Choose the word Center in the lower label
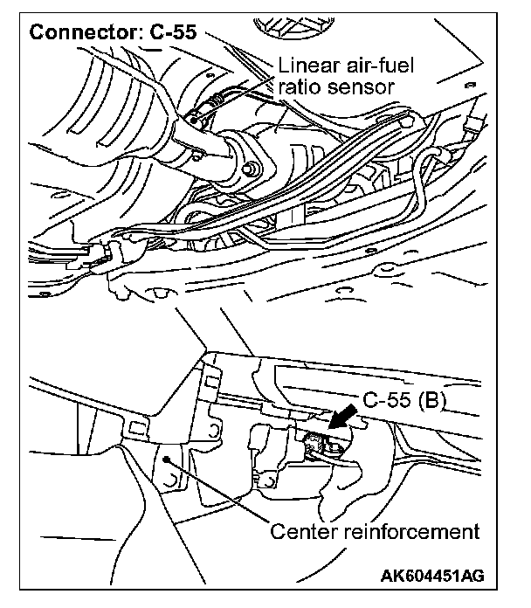tap(302, 531)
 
